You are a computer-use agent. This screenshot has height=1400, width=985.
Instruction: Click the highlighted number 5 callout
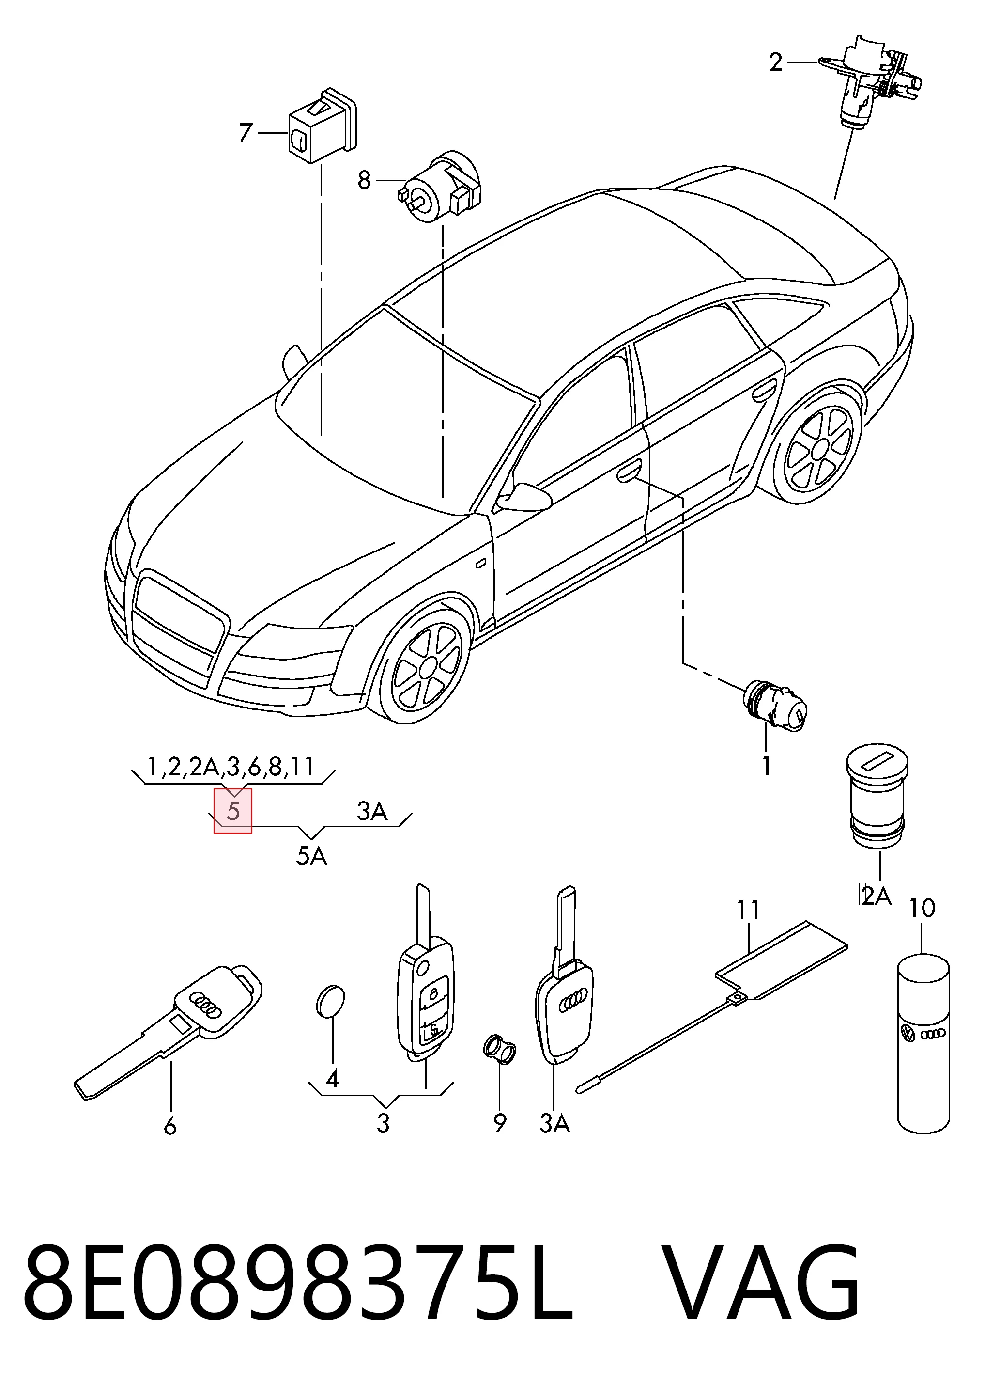[233, 810]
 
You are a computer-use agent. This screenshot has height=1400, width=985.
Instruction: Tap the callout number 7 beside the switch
[246, 132]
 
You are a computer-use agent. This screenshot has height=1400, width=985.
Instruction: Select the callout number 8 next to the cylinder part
[364, 180]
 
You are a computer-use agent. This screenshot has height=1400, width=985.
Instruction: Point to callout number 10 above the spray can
[922, 926]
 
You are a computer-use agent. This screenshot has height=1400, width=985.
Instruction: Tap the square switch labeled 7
[323, 126]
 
